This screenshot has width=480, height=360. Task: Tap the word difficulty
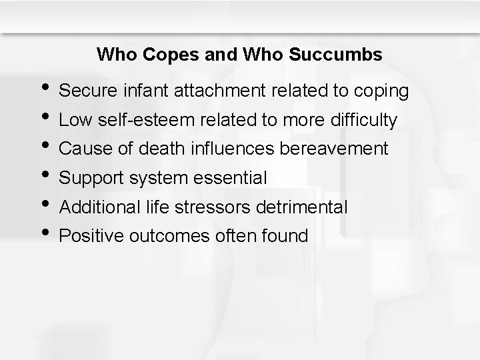click(x=363, y=121)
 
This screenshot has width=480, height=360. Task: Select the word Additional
click(x=99, y=207)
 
